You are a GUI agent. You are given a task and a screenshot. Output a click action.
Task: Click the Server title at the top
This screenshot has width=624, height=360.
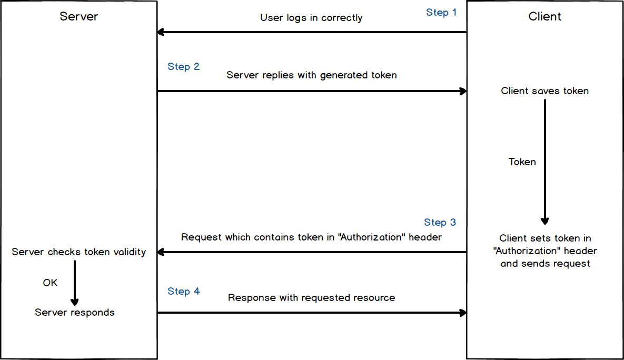(x=78, y=16)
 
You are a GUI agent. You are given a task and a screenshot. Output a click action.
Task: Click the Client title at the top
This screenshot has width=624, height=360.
(x=544, y=16)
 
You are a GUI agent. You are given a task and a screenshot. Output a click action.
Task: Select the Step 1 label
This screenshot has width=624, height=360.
(x=441, y=12)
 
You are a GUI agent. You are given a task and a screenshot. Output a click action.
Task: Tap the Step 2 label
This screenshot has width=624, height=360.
(x=183, y=66)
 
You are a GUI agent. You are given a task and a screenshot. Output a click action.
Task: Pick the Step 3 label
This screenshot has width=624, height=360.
(x=440, y=222)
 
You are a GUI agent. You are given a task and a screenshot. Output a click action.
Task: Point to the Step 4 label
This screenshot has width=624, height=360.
(x=183, y=291)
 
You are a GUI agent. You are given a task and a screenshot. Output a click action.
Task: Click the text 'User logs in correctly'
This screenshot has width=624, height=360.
(x=311, y=18)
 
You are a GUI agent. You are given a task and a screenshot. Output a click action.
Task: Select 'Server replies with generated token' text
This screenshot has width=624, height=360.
(x=311, y=75)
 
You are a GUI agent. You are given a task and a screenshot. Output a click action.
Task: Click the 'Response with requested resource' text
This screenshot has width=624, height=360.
(x=311, y=298)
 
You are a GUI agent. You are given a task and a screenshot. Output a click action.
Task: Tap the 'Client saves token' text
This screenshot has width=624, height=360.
(x=544, y=91)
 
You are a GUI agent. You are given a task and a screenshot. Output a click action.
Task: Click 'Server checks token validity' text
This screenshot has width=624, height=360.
(x=78, y=252)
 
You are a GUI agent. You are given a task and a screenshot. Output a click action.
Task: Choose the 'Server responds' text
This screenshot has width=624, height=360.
(x=75, y=313)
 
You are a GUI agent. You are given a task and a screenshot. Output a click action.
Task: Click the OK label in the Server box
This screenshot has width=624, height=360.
(x=50, y=283)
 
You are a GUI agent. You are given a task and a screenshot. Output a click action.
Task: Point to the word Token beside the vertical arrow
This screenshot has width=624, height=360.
(x=522, y=162)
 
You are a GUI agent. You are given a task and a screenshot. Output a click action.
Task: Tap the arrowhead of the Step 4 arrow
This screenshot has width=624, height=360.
(x=463, y=313)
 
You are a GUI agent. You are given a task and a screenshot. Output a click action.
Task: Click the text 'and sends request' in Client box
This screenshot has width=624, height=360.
(x=544, y=263)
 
